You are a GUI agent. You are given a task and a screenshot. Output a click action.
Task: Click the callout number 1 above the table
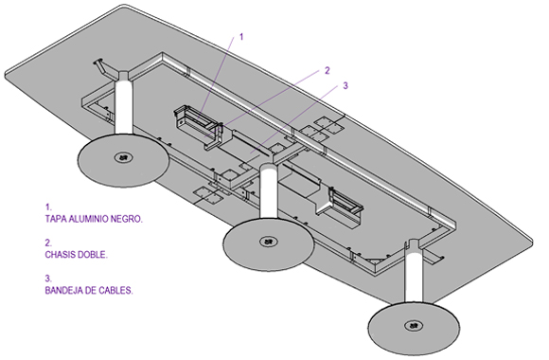tap(240, 37)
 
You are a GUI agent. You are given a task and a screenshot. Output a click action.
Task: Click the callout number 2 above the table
tap(327, 70)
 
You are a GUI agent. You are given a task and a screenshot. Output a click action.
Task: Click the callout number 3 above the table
tap(345, 85)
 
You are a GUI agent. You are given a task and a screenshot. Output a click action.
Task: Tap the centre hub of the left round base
tap(123, 158)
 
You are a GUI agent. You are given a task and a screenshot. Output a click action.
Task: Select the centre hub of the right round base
tap(414, 326)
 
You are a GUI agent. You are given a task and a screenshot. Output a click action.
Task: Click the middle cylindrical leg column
tap(269, 191)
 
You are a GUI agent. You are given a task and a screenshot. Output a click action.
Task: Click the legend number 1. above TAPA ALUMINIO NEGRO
tap(48, 207)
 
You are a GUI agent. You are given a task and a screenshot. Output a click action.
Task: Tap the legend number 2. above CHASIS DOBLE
tap(48, 243)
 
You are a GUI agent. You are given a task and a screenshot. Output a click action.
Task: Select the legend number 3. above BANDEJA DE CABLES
tap(48, 279)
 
